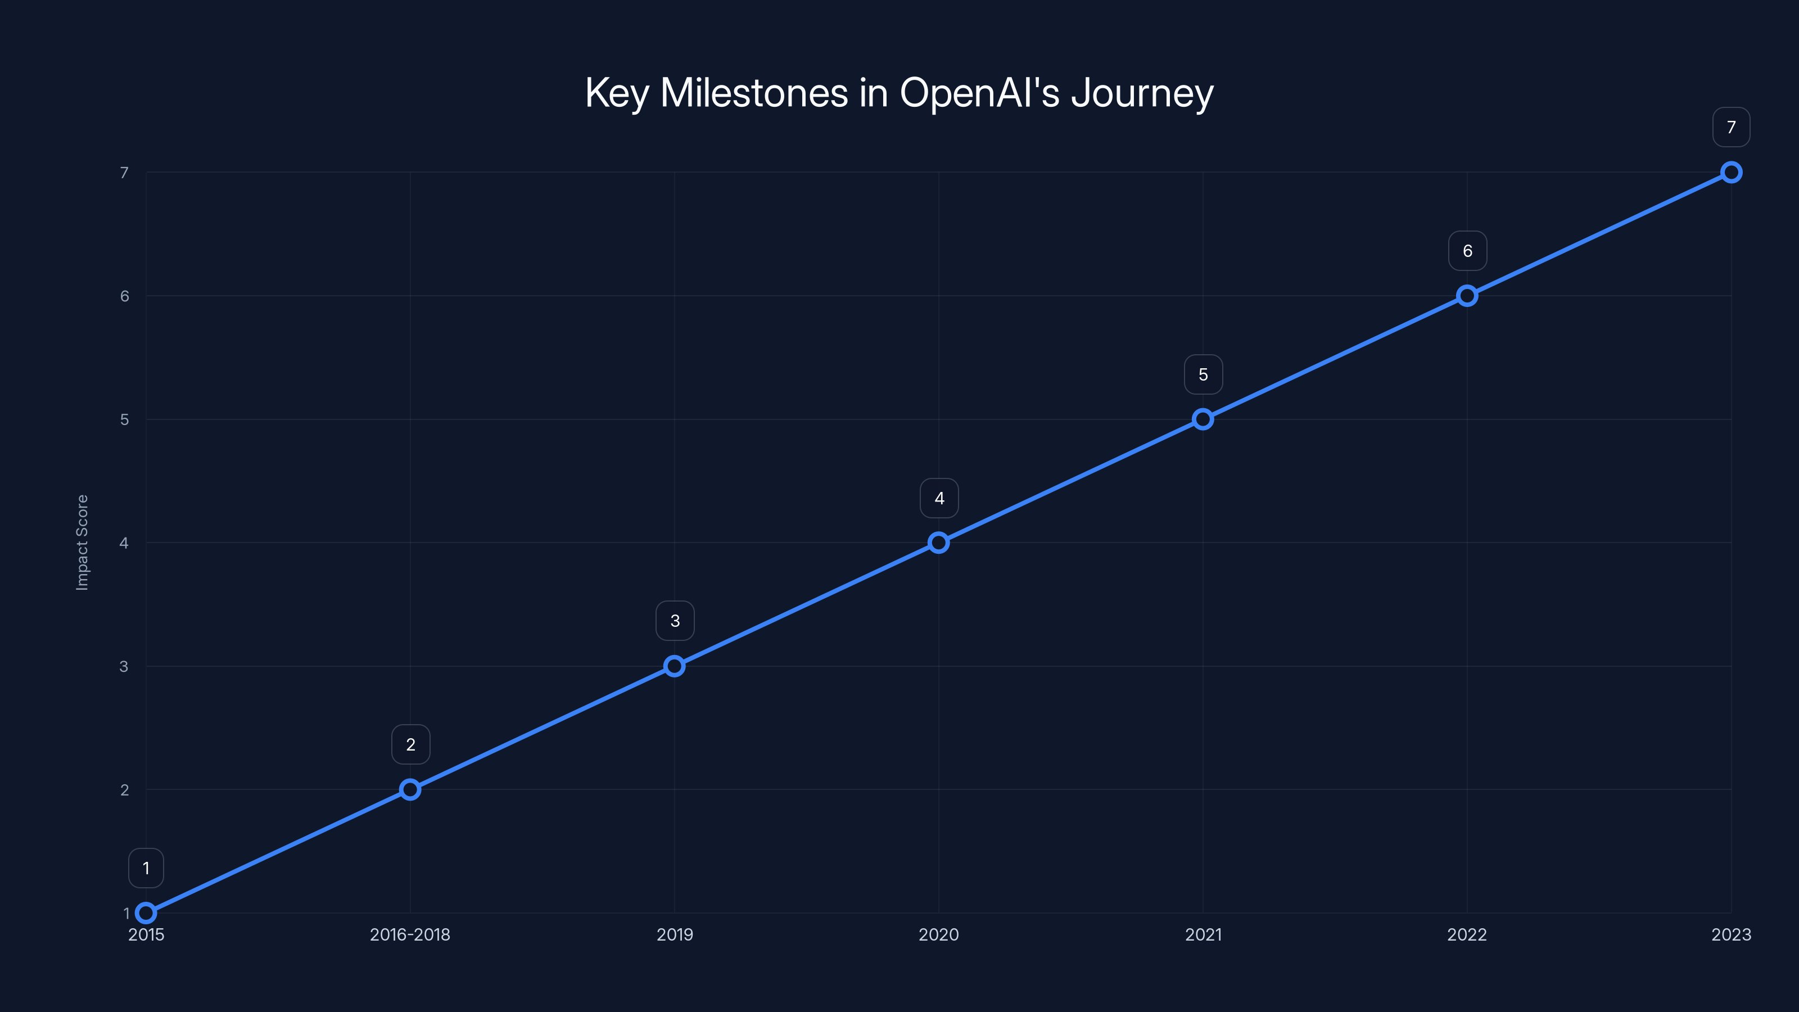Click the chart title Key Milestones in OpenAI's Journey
pyautogui.click(x=899, y=93)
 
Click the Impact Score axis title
pyautogui.click(x=83, y=543)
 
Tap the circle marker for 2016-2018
pyautogui.click(x=410, y=789)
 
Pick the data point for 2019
pyautogui.click(x=674, y=666)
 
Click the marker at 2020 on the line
pyautogui.click(x=939, y=543)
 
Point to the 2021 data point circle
pyautogui.click(x=1203, y=419)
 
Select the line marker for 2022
pyautogui.click(x=1467, y=295)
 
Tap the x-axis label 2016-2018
pyautogui.click(x=410, y=934)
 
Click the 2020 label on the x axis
pyautogui.click(x=939, y=934)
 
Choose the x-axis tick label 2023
pyautogui.click(x=1730, y=934)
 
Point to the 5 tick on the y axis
pyautogui.click(x=124, y=419)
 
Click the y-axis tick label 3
pyautogui.click(x=124, y=666)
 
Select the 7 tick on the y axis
pyautogui.click(x=124, y=173)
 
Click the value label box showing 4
pyautogui.click(x=939, y=498)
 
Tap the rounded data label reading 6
pyautogui.click(x=1467, y=251)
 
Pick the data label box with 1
pyautogui.click(x=146, y=868)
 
